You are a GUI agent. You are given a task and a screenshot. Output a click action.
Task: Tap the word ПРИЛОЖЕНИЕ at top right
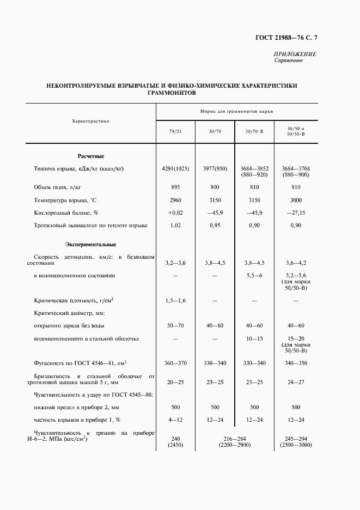click(x=295, y=54)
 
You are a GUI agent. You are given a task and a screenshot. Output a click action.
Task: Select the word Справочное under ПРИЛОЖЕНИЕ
click(x=288, y=60)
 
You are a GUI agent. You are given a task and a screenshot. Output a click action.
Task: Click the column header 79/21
click(x=175, y=131)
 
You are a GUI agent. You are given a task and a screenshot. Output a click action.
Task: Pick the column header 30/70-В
click(x=254, y=131)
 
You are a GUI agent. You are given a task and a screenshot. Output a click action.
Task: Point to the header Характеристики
click(x=91, y=120)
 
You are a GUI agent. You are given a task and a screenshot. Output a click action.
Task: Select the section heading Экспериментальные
click(x=91, y=244)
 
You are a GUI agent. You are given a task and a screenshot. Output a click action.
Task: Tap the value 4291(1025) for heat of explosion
click(x=175, y=169)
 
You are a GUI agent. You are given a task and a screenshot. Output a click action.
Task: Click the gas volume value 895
click(x=175, y=187)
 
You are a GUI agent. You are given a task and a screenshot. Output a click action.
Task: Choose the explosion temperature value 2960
click(x=175, y=200)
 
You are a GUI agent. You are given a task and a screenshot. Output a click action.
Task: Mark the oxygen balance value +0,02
click(x=175, y=212)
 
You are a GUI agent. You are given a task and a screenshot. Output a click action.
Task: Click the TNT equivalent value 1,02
click(x=175, y=225)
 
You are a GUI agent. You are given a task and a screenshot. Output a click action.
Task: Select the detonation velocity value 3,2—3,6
click(x=175, y=263)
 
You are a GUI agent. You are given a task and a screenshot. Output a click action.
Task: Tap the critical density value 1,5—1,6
click(x=175, y=300)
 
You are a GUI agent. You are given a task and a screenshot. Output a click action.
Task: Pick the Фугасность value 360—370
click(x=175, y=363)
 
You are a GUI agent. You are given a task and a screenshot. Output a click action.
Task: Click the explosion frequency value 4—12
click(x=175, y=420)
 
